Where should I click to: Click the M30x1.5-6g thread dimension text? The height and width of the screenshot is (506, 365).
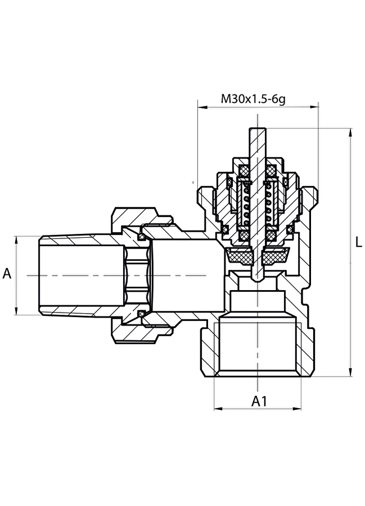[x=253, y=99]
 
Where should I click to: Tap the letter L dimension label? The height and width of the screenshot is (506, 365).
[x=358, y=242]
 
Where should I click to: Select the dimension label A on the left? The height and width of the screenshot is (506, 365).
[x=7, y=274]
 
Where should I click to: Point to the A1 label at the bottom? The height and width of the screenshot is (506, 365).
[x=259, y=401]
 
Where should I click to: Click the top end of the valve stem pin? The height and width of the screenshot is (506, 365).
[x=257, y=129]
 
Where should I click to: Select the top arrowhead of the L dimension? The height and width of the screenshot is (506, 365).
[x=350, y=133]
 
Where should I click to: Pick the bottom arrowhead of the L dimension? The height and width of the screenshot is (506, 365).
[x=350, y=372]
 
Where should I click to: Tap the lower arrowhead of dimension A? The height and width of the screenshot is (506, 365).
[x=16, y=310]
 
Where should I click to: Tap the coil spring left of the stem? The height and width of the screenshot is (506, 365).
[x=246, y=206]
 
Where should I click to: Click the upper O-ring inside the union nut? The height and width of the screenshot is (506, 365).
[x=141, y=237]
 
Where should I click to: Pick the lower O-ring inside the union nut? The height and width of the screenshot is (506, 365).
[x=141, y=314]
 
